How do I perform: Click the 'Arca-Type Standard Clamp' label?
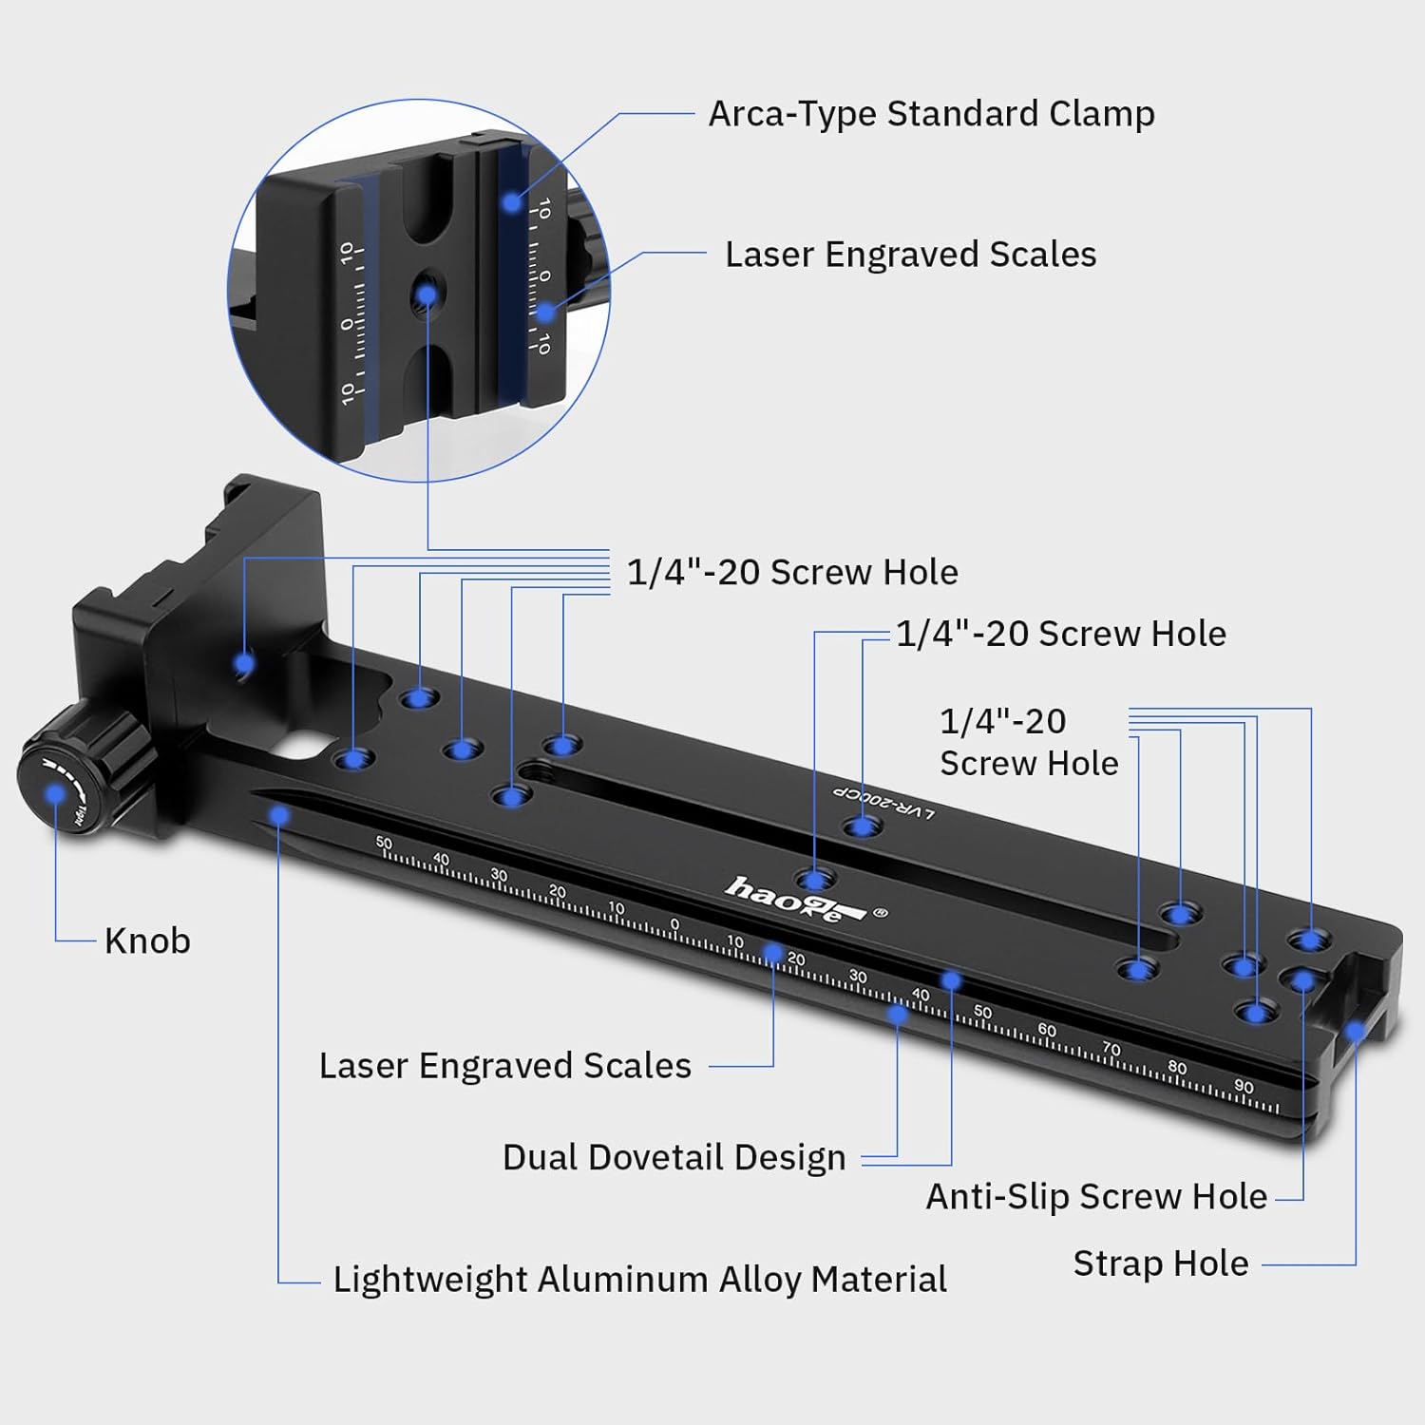point(931,114)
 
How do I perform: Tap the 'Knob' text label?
point(147,940)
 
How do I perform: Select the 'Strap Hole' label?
point(1160,1263)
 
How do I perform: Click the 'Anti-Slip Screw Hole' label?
point(1095,1196)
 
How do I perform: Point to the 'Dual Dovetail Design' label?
point(674,1157)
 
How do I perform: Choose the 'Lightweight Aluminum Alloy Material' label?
point(639,1280)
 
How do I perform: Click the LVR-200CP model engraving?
point(884,803)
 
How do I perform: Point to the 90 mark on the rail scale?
point(1244,1086)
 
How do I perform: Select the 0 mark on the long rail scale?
point(674,923)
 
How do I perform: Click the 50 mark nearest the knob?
point(384,843)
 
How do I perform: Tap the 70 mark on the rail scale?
point(1111,1049)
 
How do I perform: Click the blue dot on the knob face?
point(56,791)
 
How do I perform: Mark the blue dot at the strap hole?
point(1355,1030)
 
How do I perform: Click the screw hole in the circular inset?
point(426,295)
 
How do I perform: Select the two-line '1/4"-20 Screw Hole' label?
point(1028,742)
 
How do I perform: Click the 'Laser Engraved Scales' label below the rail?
point(504,1066)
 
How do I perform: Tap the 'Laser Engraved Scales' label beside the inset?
point(910,255)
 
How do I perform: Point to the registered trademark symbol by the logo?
point(880,913)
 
